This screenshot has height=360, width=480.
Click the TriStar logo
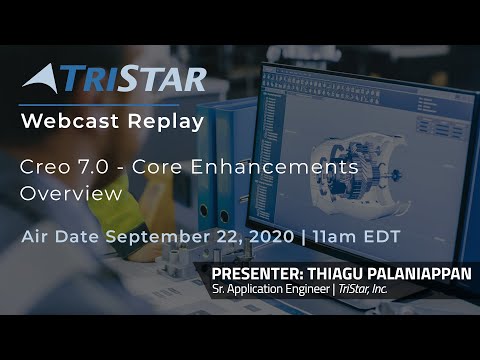pyautogui.click(x=113, y=79)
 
